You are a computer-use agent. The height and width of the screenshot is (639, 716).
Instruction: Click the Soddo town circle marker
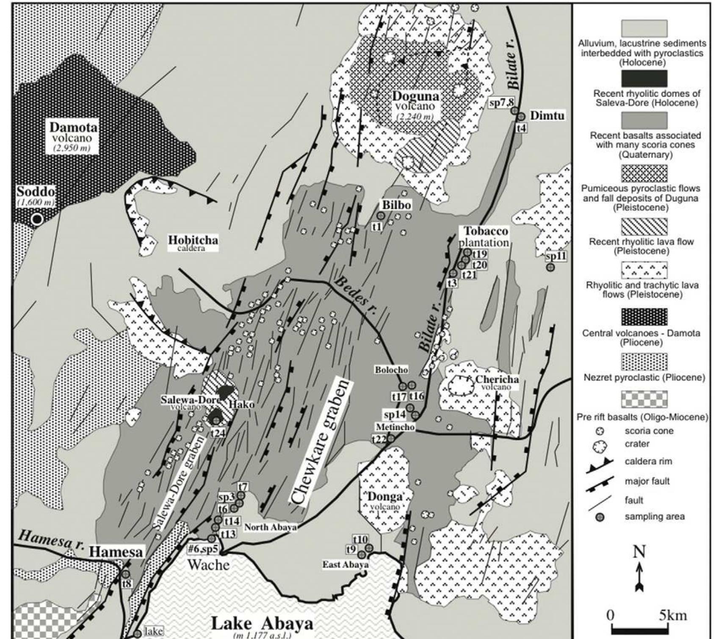[x=37, y=219]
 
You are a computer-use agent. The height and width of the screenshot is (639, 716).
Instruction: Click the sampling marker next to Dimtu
[x=521, y=116]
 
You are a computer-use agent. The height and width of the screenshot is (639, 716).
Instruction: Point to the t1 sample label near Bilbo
[x=376, y=227]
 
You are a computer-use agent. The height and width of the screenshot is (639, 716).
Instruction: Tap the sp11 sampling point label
[x=556, y=256]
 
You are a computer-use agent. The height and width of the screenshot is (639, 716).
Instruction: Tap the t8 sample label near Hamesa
[x=127, y=584]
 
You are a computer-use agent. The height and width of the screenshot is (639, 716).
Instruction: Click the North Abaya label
[x=270, y=527]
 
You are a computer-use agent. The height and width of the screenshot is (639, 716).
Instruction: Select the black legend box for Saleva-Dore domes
[x=644, y=78]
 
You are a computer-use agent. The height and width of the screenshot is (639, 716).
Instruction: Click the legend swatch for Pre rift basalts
[x=644, y=399]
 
